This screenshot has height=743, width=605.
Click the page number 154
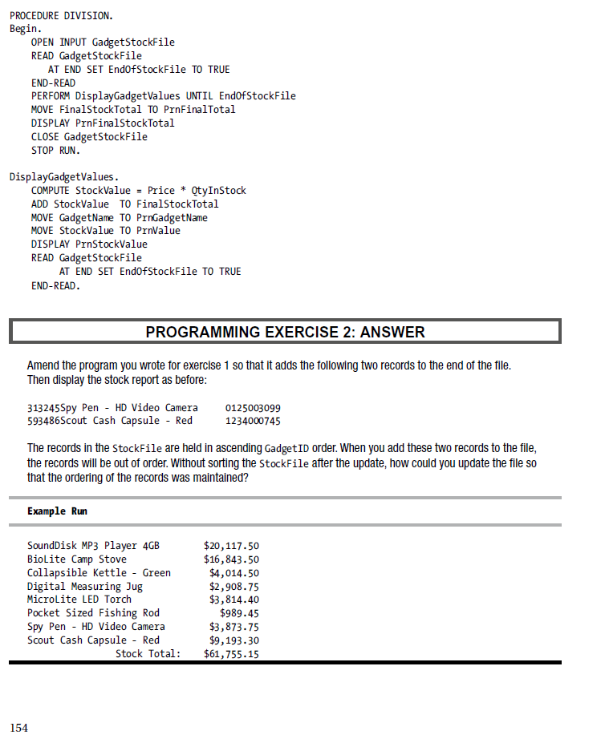point(18,728)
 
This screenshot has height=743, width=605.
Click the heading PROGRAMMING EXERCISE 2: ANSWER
point(285,332)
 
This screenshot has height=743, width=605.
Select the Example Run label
point(57,511)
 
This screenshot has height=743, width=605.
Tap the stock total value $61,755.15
point(231,654)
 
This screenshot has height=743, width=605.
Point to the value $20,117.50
point(231,546)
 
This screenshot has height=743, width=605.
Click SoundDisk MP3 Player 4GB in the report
point(93,546)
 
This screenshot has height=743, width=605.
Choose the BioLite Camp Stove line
point(77,559)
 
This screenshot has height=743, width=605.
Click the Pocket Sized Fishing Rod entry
point(93,613)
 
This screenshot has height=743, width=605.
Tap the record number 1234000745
point(253,421)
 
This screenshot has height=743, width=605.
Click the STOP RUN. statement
point(55,150)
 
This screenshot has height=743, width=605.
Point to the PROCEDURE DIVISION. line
point(61,15)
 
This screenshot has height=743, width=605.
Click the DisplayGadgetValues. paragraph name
point(64,176)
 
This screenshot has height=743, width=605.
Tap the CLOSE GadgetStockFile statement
point(89,136)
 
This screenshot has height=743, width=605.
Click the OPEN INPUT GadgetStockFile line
point(103,42)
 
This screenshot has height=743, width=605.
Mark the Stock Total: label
point(148,654)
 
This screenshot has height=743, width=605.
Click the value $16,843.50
point(231,559)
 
